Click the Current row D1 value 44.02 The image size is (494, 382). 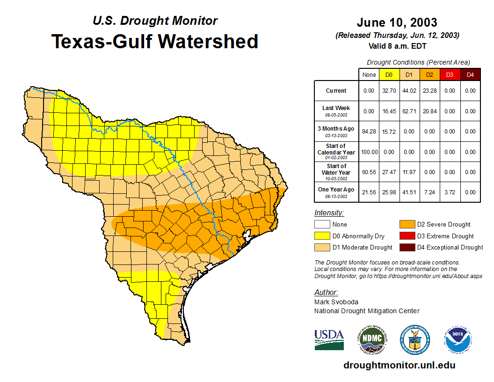(x=409, y=91)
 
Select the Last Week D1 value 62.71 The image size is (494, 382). (x=409, y=111)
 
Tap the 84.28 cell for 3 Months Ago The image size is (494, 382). (x=369, y=132)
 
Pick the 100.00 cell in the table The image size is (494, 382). (x=369, y=152)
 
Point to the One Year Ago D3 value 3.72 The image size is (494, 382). (x=450, y=192)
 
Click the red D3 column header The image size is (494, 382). (x=450, y=75)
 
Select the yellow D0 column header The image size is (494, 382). (x=389, y=75)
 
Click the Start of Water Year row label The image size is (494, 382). (x=336, y=169)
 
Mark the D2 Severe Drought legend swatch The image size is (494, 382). (x=407, y=225)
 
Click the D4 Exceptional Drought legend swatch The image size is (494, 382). (x=407, y=247)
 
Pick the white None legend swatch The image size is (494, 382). (x=322, y=225)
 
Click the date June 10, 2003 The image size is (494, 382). (x=397, y=22)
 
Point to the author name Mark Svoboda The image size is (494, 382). (x=336, y=302)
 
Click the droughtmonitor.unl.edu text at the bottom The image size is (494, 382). (x=399, y=365)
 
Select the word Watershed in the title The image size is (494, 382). (x=208, y=42)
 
